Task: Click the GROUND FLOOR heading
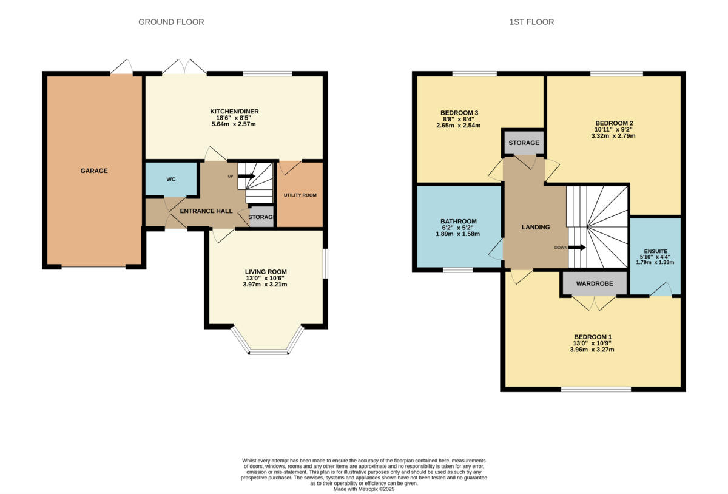tap(171, 22)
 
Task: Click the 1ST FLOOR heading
tap(531, 22)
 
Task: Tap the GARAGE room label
tap(94, 171)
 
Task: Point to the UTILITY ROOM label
tap(300, 195)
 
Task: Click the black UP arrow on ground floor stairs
tap(246, 176)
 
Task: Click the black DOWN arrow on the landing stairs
tap(577, 247)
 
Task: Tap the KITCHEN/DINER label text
tap(234, 112)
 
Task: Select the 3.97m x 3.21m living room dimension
tap(266, 285)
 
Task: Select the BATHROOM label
tap(458, 222)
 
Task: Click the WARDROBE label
tap(594, 283)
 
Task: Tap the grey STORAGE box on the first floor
tap(524, 143)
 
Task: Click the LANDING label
tap(536, 228)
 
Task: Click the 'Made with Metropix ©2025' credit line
tap(364, 489)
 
